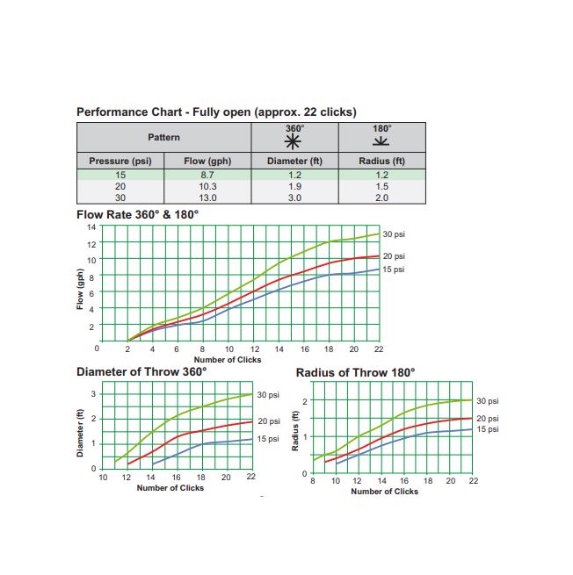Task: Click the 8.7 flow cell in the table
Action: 207,176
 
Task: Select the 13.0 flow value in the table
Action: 207,198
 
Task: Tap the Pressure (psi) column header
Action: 120,162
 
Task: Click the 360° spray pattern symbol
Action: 294,143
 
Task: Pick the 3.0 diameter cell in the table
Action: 294,198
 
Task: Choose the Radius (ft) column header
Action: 381,162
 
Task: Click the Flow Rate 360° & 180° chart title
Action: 137,214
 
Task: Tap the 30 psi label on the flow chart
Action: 394,234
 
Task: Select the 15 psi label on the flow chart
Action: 394,270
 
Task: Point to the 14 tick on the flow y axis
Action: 91,227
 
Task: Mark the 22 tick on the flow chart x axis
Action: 379,349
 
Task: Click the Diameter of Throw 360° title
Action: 142,371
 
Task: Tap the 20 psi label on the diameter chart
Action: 268,421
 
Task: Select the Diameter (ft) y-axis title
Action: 80,431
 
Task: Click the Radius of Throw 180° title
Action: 355,372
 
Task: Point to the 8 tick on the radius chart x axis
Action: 313,482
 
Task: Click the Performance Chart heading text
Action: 215,111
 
